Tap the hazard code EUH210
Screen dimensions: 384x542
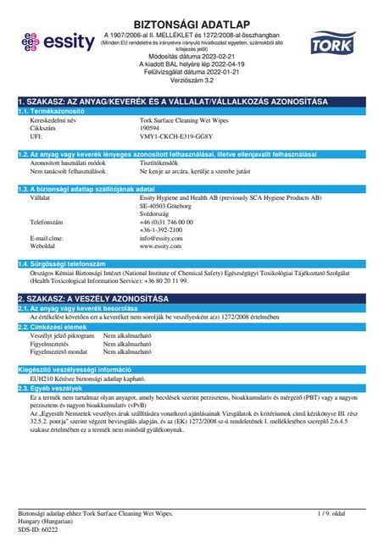click(41, 379)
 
